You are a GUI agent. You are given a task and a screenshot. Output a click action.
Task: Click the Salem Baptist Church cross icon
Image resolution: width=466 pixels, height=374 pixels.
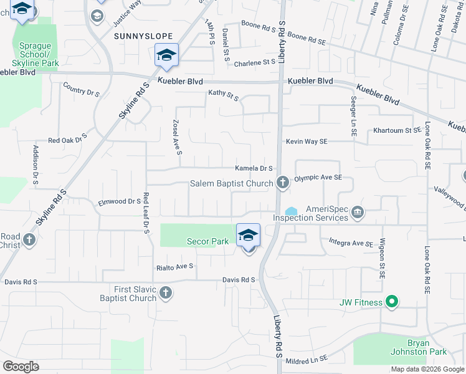[283, 183]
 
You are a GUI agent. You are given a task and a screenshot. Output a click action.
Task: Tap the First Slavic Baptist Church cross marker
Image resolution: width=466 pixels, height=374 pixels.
[166, 292]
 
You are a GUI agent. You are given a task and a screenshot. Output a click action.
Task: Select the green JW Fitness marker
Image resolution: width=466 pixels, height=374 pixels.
[391, 302]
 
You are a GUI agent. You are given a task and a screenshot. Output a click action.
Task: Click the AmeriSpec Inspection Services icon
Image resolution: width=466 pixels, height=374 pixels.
[358, 213]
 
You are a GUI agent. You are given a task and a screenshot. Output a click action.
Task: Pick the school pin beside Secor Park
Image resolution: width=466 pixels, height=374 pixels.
[248, 236]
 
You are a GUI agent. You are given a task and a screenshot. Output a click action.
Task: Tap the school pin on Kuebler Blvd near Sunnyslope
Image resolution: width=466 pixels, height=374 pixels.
[166, 55]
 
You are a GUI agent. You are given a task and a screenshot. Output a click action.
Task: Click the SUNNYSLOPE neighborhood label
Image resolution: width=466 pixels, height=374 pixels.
[143, 37]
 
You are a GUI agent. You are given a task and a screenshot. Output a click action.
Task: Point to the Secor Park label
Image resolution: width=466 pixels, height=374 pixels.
[209, 242]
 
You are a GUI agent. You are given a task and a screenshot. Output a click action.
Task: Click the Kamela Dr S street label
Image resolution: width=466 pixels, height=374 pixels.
[254, 168]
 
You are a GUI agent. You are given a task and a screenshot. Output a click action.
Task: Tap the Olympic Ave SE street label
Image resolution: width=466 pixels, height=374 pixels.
[318, 178]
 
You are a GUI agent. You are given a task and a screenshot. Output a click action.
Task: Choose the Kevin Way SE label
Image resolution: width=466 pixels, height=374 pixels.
[307, 141]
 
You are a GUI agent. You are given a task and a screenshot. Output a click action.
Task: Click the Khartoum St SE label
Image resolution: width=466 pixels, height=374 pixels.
[397, 131]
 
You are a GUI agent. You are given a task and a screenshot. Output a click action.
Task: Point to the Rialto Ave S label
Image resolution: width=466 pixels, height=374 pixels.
[175, 266]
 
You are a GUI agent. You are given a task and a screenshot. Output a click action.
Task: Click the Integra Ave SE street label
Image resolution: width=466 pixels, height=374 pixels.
[351, 242]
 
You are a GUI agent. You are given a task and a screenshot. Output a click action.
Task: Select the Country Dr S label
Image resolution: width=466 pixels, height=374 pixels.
[82, 92]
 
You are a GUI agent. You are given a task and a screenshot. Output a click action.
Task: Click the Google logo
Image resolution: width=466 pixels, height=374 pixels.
[21, 367]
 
